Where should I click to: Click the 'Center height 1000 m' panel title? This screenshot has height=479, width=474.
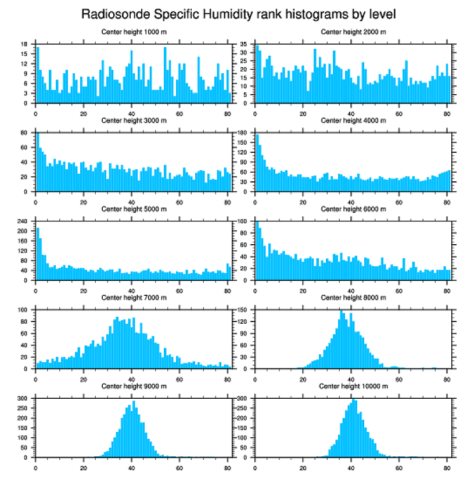click(134, 32)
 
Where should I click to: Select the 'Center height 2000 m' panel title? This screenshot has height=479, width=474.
click(353, 32)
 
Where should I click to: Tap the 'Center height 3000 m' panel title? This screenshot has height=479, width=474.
click(134, 120)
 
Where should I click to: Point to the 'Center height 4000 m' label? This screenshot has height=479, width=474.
click(353, 120)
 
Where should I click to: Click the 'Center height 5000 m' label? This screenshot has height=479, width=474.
click(134, 209)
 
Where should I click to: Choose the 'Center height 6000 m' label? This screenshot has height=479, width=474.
click(353, 209)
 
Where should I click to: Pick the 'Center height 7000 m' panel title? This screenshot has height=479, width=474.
click(134, 298)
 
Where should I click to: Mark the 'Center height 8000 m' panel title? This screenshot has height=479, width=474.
click(353, 298)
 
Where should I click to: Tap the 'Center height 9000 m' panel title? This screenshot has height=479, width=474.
click(134, 386)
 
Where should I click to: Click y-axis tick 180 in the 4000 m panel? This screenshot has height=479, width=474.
click(242, 133)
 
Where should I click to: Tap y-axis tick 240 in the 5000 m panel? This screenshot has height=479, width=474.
click(23, 221)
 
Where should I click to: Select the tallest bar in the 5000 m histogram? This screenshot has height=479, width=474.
click(38, 254)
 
